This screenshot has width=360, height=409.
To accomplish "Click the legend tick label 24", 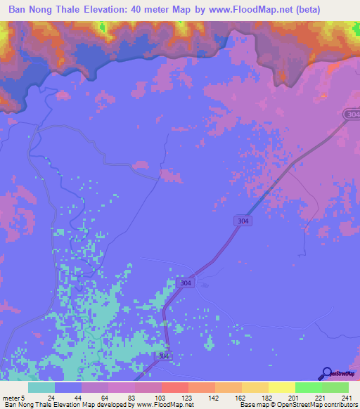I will pyautogui.click(x=51, y=398).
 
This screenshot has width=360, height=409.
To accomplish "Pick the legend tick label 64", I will pyautogui.click(x=104, y=398).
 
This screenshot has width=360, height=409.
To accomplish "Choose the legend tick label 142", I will pyautogui.click(x=214, y=398).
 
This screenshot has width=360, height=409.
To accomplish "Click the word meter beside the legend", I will pyautogui.click(x=11, y=398).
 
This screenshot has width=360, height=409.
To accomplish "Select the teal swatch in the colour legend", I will pyautogui.click(x=41, y=387).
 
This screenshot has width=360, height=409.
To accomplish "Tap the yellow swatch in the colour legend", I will pyautogui.click(x=281, y=387).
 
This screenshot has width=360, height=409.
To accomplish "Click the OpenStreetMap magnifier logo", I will pyautogui.click(x=327, y=374).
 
